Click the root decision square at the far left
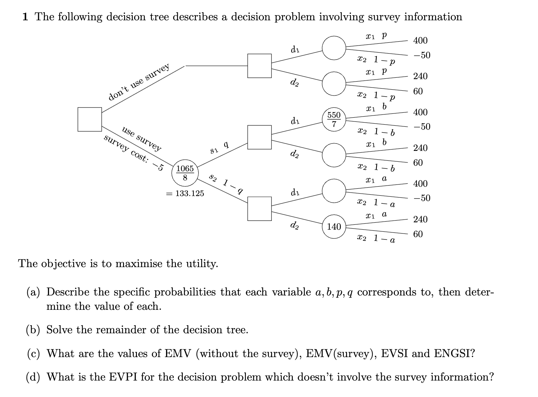(x=90, y=119)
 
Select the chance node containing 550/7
(x=334, y=120)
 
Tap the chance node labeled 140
(x=334, y=227)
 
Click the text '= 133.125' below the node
(x=185, y=193)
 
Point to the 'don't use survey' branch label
(x=139, y=82)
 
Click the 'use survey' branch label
(x=142, y=139)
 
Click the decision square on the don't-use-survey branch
(x=259, y=66)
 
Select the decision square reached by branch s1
(x=259, y=137)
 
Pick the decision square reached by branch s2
(x=259, y=209)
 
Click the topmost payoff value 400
(x=420, y=41)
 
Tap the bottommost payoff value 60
(x=418, y=234)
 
